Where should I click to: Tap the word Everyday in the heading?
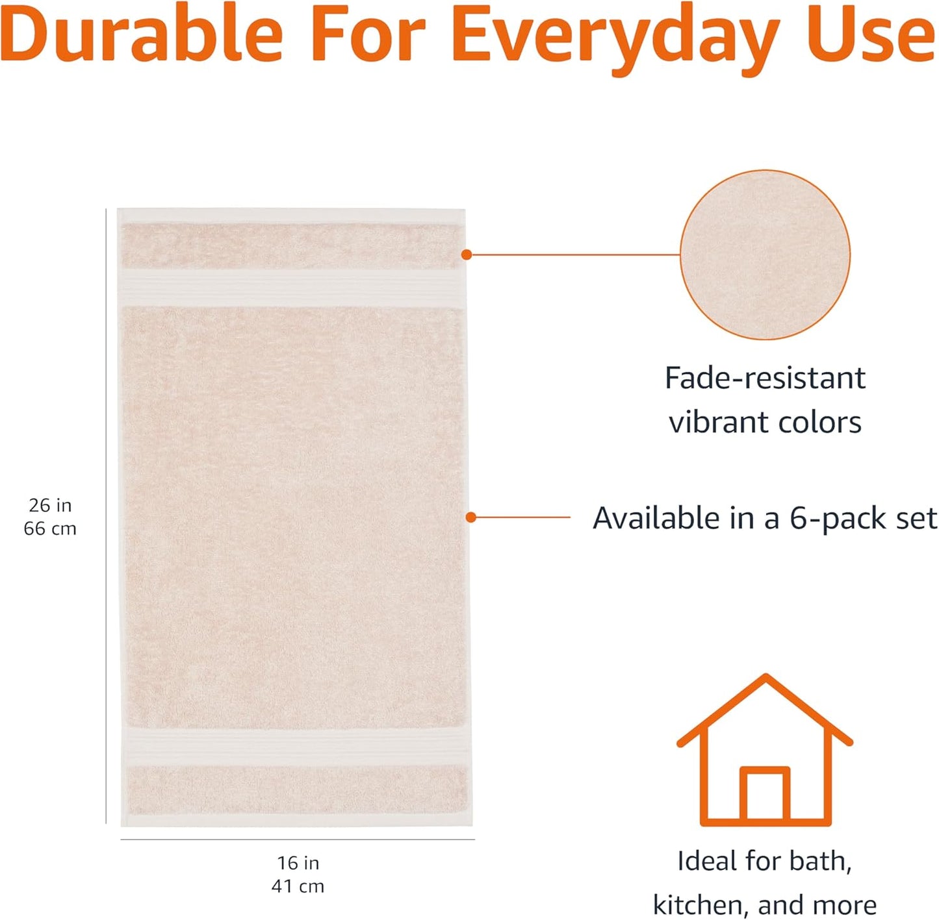[615, 39]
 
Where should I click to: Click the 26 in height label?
[50, 505]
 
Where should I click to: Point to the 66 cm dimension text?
[50, 528]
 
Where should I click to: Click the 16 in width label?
[298, 863]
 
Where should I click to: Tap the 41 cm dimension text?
[298, 886]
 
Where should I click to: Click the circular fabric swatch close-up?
[765, 255]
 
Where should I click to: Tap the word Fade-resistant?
[765, 378]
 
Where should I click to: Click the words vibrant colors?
[765, 423]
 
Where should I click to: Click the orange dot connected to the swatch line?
[467, 255]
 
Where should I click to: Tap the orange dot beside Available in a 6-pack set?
[471, 517]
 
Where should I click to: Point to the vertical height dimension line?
[106, 516]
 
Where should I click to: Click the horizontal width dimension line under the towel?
[298, 839]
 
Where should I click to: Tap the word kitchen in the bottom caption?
[699, 904]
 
